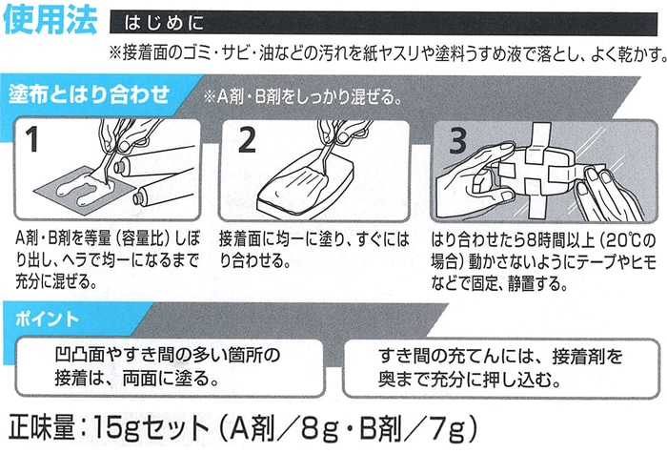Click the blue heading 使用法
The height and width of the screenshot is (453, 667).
tap(51, 20)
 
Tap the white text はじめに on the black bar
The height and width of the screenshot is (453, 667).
tap(164, 23)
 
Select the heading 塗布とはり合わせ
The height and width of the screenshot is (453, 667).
tap(89, 93)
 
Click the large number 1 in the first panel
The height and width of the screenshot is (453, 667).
tap(31, 139)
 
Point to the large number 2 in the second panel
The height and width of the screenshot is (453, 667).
tap(247, 139)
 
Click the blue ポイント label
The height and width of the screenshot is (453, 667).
tap(47, 319)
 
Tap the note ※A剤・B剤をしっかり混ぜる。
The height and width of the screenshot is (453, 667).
tap(303, 97)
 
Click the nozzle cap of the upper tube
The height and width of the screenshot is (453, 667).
tap(120, 166)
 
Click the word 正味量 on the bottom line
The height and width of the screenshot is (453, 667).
tap(42, 427)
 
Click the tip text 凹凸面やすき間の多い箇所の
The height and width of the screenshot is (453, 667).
tap(167, 354)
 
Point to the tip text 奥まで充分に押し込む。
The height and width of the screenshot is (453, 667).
tap(469, 379)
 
